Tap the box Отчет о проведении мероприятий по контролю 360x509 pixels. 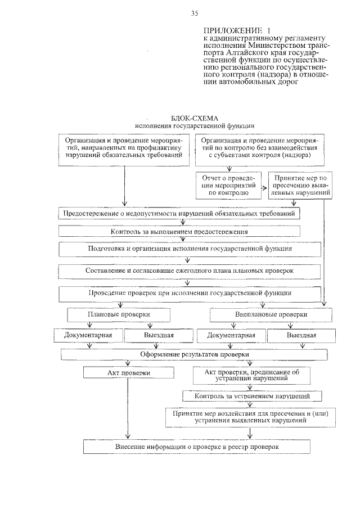click(x=229, y=184)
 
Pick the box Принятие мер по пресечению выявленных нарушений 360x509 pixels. click(x=298, y=184)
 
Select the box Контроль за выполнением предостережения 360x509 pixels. click(x=179, y=231)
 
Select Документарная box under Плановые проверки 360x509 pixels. click(x=88, y=335)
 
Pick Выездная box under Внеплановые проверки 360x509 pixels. click(x=301, y=335)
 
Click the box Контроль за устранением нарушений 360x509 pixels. click(x=254, y=396)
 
